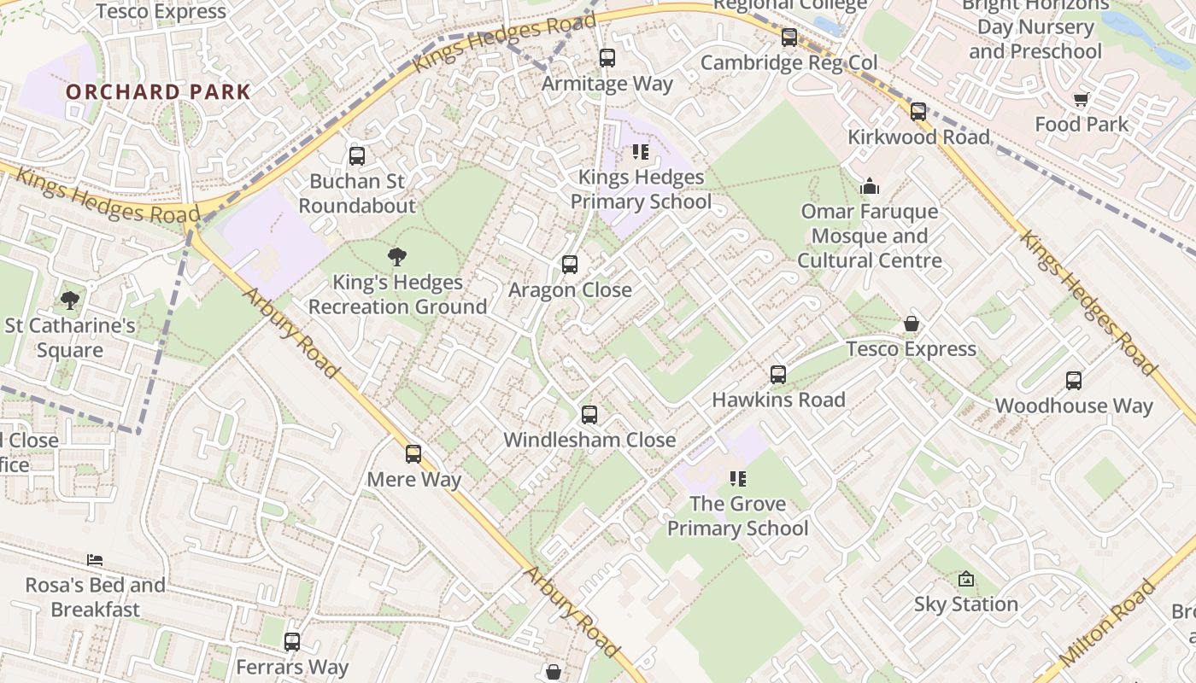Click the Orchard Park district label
point(158,92)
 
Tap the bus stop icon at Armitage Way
point(607,58)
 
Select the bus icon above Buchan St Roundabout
point(357,156)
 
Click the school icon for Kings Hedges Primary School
point(641,153)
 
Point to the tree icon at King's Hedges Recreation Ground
point(397,256)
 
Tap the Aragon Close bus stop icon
point(570,265)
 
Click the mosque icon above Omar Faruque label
point(870,186)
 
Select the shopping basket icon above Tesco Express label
point(912,324)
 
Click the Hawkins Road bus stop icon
point(778,374)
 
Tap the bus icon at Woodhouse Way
point(1074,381)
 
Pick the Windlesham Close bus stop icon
point(589,415)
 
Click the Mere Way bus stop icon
point(413,454)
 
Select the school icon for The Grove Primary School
point(737,479)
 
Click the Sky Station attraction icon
point(966,579)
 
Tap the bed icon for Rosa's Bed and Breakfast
point(95,560)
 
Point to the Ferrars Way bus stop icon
point(292,641)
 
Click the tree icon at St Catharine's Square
point(70,300)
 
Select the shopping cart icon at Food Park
point(1082,100)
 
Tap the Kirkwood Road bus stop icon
point(918,112)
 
